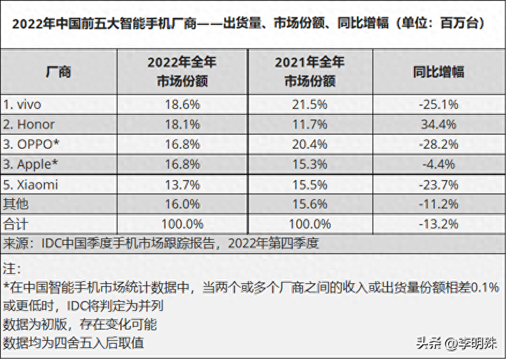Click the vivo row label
coord(23,104)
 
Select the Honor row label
coord(29,124)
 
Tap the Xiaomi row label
coord(31,185)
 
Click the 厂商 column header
coord(58,72)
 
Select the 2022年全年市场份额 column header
coord(182,72)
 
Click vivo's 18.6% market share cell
coord(182,104)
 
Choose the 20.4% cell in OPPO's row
coord(310,144)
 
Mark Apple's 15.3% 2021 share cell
coord(310,164)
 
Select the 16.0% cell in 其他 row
coord(182,204)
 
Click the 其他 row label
coord(16,204)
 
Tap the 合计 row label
coord(16,224)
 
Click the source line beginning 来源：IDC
coord(161,243)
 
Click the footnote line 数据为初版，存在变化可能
coord(80,324)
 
